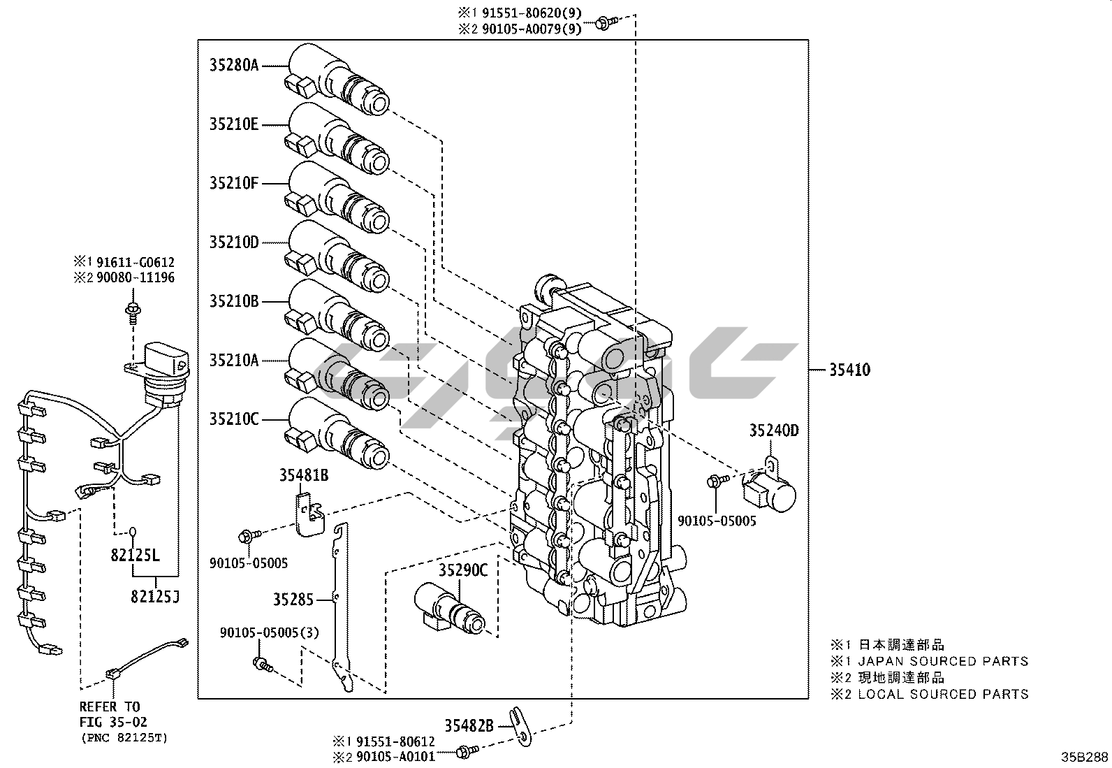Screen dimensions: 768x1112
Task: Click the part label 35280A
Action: [x=234, y=65]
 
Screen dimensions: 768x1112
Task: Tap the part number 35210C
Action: [x=234, y=419]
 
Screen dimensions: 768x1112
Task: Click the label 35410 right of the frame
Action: [x=850, y=369]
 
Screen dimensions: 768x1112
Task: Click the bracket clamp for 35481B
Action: [x=308, y=513]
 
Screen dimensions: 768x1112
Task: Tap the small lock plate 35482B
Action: [x=519, y=725]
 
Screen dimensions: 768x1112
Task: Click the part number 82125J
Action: [x=154, y=596]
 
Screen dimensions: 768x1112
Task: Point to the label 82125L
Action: [x=135, y=556]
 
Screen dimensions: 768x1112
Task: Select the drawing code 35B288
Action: [x=1085, y=757]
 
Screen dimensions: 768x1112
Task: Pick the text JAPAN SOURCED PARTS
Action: [x=943, y=660]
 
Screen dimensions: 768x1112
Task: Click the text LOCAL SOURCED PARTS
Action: [x=943, y=694]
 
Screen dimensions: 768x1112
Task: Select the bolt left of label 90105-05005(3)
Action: [x=262, y=663]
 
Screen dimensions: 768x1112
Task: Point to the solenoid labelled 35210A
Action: [x=339, y=378]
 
